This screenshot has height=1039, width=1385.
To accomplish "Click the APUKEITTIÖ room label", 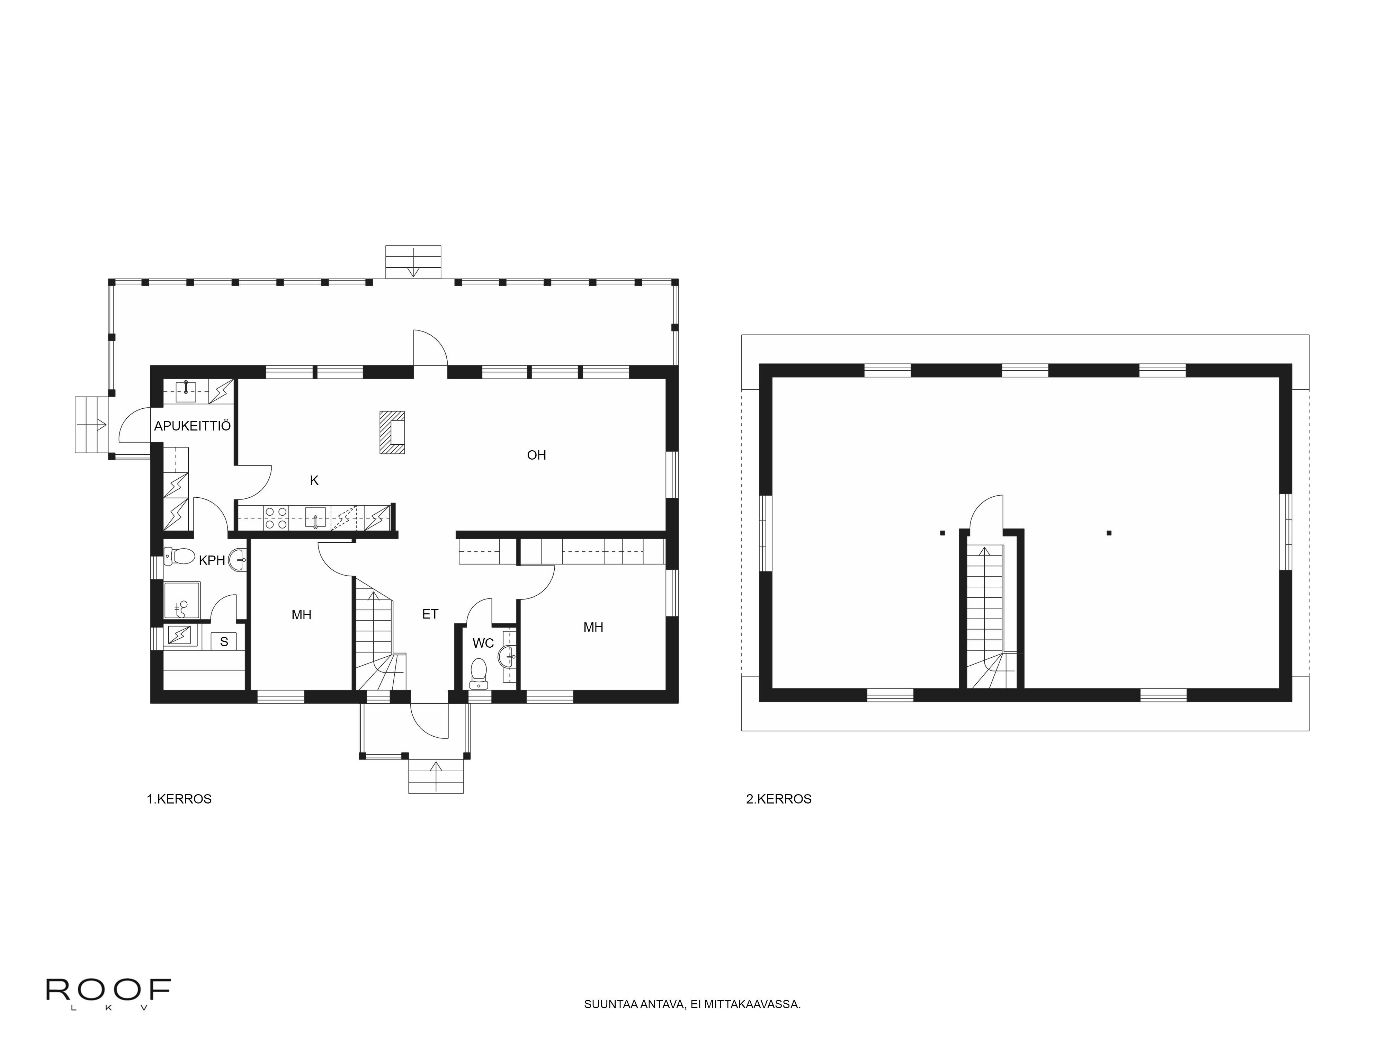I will click(192, 426).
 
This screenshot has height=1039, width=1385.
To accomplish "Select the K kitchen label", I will click(314, 480).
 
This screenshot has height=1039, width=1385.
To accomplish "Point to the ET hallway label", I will click(430, 614).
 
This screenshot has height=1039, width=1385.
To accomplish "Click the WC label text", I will click(483, 643).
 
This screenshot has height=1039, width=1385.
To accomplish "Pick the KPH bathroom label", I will click(212, 560).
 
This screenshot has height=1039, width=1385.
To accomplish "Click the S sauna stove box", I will click(224, 641).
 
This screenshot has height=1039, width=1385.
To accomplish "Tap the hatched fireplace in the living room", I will click(392, 432).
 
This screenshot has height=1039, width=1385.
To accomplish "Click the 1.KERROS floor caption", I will click(179, 799).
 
